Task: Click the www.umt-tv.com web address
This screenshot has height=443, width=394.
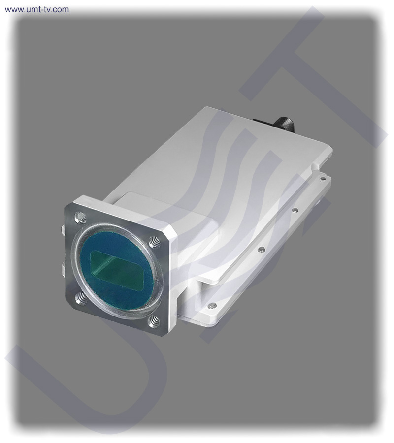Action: (37, 9)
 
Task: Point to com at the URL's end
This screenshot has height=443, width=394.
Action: (62, 9)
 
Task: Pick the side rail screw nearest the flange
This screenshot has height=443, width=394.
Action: (212, 306)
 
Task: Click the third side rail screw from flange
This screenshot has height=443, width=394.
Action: (295, 210)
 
